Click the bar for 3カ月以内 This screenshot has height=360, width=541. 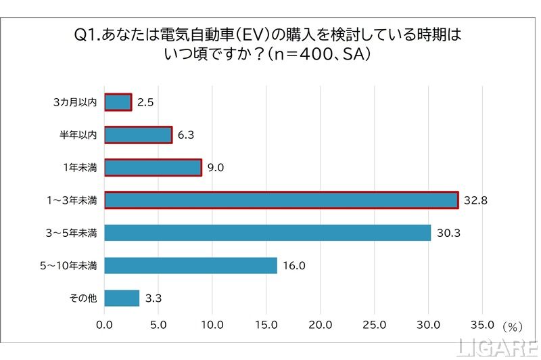pos(118,102)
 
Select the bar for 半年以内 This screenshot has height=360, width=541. pos(139,135)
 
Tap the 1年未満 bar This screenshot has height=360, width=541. pos(154,167)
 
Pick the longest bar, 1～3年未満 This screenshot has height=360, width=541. pos(281,200)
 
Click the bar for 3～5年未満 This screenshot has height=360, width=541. pos(268,233)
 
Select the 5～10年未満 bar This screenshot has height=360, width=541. pos(191,265)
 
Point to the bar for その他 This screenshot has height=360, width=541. pos(122,298)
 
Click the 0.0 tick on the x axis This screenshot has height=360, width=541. pos(105,324)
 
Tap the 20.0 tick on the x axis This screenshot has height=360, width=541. pos(321,324)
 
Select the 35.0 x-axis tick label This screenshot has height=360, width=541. pos(482,324)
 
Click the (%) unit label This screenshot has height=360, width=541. pos(513,326)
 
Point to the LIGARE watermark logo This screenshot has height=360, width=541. pos(498,347)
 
